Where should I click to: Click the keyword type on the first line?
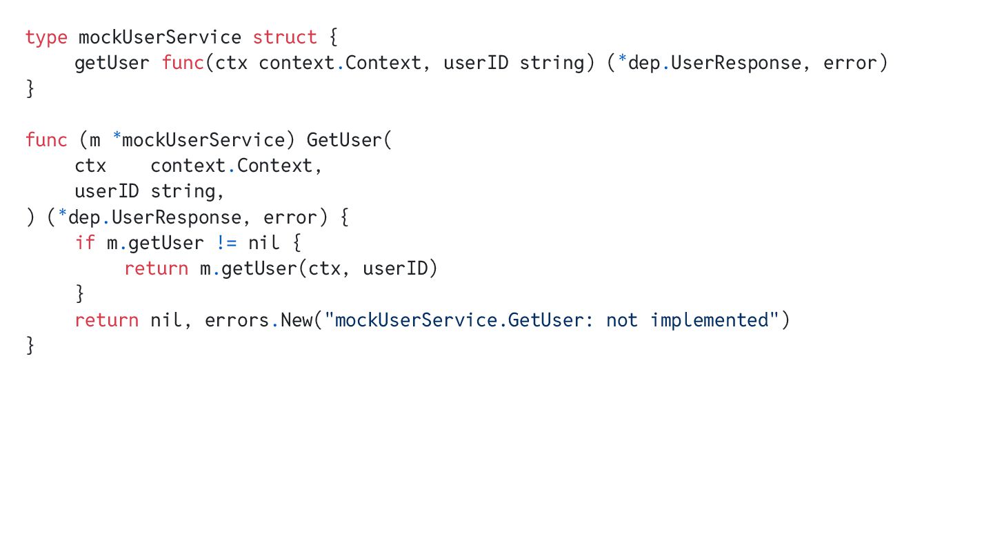click(46, 37)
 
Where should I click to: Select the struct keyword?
click(285, 37)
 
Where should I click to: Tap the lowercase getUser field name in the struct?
click(112, 63)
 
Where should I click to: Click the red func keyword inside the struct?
click(183, 63)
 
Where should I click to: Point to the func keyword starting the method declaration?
click(46, 140)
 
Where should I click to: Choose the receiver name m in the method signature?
click(95, 140)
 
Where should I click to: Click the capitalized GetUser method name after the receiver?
click(344, 140)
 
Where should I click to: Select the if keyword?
click(85, 243)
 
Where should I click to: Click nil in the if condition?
click(263, 243)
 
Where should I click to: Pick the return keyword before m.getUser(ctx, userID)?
click(156, 268)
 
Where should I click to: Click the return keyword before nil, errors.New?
click(106, 320)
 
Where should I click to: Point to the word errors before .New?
click(237, 320)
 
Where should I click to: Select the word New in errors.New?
click(296, 320)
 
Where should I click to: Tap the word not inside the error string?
click(622, 320)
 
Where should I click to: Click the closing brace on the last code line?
click(30, 345)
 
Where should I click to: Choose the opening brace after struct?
click(334, 37)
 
